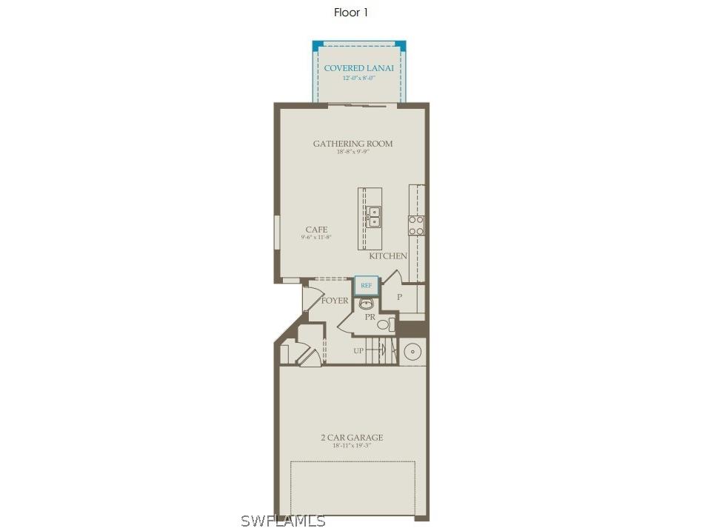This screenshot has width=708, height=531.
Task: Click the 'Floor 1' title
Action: tap(351, 13)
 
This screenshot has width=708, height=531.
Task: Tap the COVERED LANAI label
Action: tap(358, 68)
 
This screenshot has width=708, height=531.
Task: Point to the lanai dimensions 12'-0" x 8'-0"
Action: tap(358, 78)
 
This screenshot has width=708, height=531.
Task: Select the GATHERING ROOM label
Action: tap(353, 144)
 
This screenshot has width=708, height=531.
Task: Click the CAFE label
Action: tap(316, 230)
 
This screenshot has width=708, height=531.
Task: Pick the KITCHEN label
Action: tap(388, 256)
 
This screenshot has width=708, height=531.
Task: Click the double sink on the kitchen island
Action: tap(375, 216)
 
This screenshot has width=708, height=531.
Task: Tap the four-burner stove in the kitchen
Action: tap(416, 225)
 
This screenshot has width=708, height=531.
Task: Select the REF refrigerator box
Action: tap(366, 285)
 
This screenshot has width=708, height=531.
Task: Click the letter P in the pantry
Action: tap(399, 297)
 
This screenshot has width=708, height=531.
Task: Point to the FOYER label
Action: tap(335, 301)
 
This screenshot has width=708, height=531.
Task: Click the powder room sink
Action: tap(365, 304)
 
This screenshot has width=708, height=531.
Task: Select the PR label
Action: tap(370, 317)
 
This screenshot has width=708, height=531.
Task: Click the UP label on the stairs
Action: tap(358, 350)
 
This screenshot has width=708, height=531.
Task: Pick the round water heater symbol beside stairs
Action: tap(413, 350)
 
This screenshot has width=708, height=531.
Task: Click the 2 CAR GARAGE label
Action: tap(352, 438)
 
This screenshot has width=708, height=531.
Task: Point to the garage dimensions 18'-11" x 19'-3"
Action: tap(352, 446)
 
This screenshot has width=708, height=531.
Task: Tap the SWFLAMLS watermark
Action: tap(283, 521)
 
